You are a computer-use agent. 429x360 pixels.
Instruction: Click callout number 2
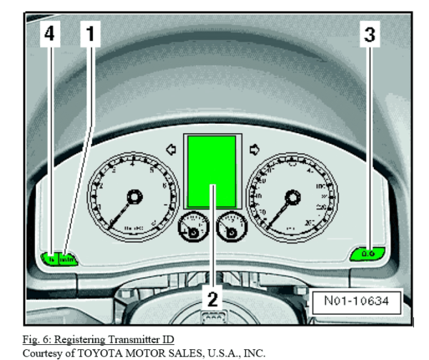[212, 294]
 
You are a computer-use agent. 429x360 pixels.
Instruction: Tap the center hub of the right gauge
[292, 197]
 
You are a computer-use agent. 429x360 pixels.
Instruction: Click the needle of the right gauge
[280, 212]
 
